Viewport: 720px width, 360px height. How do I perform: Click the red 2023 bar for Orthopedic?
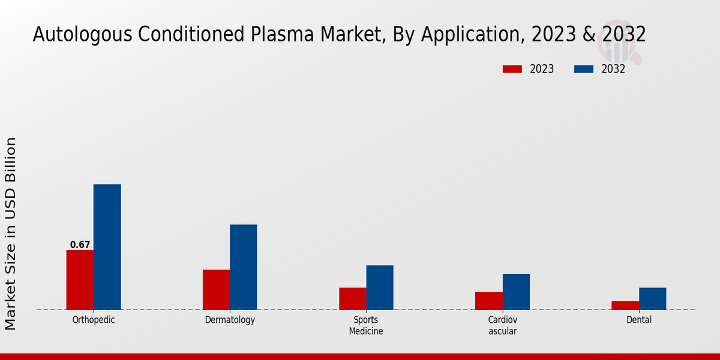pyautogui.click(x=80, y=280)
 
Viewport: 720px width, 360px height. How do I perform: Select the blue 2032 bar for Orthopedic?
pyautogui.click(x=107, y=247)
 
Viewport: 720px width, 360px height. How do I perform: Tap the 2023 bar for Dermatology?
pyautogui.click(x=216, y=289)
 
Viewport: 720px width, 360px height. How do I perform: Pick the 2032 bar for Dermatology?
pyautogui.click(x=243, y=267)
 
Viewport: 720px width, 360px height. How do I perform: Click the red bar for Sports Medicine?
pyautogui.click(x=352, y=298)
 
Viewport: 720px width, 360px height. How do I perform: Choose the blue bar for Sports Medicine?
pyautogui.click(x=380, y=287)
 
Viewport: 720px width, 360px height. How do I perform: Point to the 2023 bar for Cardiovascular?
pyautogui.click(x=488, y=301)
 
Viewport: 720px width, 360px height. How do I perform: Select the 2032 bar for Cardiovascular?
pyautogui.click(x=516, y=292)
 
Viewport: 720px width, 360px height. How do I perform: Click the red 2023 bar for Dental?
pyautogui.click(x=625, y=305)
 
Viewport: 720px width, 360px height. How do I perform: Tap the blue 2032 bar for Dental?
pyautogui.click(x=652, y=298)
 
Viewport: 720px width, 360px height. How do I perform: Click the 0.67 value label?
pyautogui.click(x=80, y=245)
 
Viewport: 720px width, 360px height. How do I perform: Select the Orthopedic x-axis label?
pyautogui.click(x=94, y=320)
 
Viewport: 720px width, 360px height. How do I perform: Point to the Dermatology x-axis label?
pyautogui.click(x=230, y=320)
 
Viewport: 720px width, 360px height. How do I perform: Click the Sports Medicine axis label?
pyautogui.click(x=366, y=325)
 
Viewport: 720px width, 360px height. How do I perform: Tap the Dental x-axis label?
pyautogui.click(x=638, y=320)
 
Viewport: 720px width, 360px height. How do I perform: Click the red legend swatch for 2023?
pyautogui.click(x=512, y=69)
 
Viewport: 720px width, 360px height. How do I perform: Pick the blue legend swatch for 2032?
pyautogui.click(x=583, y=69)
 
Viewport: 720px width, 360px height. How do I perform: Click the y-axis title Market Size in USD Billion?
pyautogui.click(x=11, y=233)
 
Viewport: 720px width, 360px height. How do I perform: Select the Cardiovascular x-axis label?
pyautogui.click(x=502, y=325)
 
